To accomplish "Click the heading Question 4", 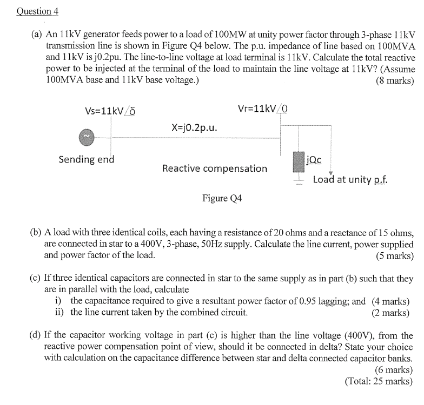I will tap(37, 11).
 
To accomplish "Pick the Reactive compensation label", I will tap(215, 168).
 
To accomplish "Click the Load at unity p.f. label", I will tap(350, 179).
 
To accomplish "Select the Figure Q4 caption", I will tap(222, 198).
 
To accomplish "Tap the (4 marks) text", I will tap(390, 301).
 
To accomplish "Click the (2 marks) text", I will tap(390, 312).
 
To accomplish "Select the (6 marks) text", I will tap(394, 370).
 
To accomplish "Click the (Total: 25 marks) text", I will tap(379, 381).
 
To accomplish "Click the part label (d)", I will tap(35, 336).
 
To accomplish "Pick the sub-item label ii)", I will tap(59, 312).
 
